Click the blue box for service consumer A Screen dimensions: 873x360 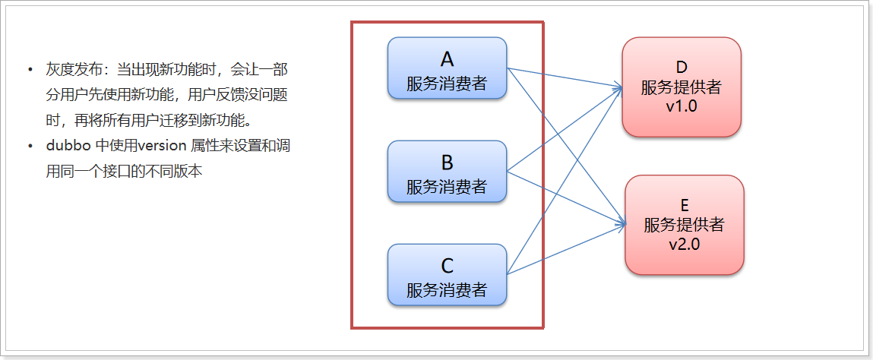(x=447, y=68)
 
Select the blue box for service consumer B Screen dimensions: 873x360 (x=447, y=172)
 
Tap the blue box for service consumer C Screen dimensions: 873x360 (x=447, y=275)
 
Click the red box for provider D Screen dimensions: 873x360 (x=681, y=87)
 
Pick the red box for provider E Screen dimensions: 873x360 (x=684, y=225)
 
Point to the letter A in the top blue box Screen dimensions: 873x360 (x=447, y=58)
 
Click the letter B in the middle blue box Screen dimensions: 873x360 (x=447, y=162)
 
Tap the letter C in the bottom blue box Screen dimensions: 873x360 (x=447, y=265)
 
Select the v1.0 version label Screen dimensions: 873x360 (x=681, y=106)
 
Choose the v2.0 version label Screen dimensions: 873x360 (x=684, y=244)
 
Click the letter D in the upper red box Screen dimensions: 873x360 (x=681, y=68)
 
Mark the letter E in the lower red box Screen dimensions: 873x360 (x=684, y=206)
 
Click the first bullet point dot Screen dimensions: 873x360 (x=30, y=71)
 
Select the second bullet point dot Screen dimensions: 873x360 (x=30, y=147)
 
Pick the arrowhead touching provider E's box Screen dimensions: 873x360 (x=623, y=224)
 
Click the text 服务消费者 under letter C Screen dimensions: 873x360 (x=447, y=289)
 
